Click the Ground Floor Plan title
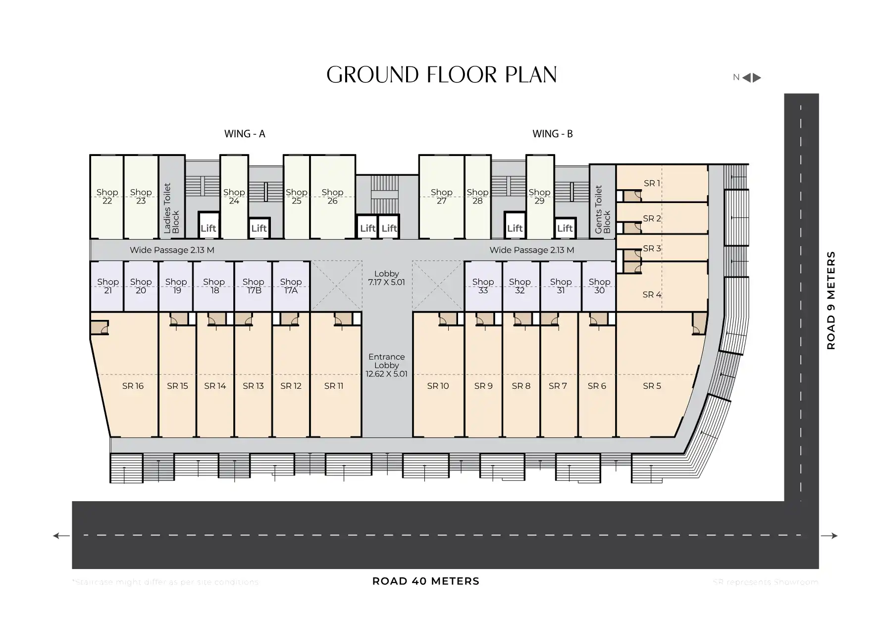click(441, 75)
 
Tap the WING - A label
click(245, 134)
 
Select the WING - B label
click(552, 134)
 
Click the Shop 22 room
click(107, 197)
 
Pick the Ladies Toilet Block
click(171, 208)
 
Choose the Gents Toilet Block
click(602, 209)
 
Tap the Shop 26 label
click(332, 197)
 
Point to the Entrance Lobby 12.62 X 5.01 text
click(386, 365)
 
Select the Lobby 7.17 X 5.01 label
click(386, 278)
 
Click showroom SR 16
click(133, 386)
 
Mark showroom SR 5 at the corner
click(652, 386)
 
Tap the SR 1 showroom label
click(652, 183)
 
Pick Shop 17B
click(253, 286)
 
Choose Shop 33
click(483, 286)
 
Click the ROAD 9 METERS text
click(831, 300)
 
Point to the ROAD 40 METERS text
click(425, 581)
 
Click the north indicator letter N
click(736, 77)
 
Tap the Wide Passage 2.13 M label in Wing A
click(172, 250)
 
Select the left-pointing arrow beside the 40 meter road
click(61, 535)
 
